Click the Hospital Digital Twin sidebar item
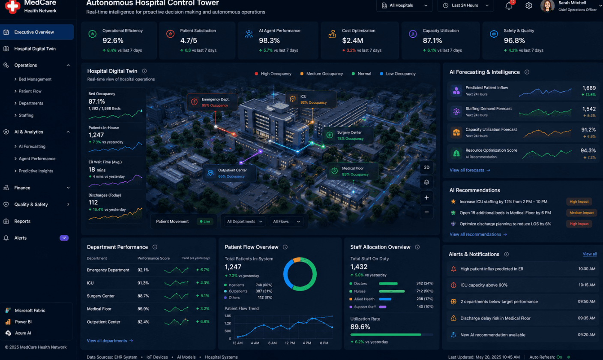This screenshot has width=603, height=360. pyautogui.click(x=35, y=49)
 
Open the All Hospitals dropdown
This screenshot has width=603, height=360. pyautogui.click(x=404, y=6)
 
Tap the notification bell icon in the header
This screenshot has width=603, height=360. pyautogui.click(x=509, y=6)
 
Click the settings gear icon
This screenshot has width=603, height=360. pyautogui.click(x=528, y=6)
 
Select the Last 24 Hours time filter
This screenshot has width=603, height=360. pyautogui.click(x=465, y=6)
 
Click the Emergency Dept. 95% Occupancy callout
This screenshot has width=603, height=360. pyautogui.click(x=213, y=102)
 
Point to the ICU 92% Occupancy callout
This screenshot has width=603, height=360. pyautogui.click(x=311, y=99)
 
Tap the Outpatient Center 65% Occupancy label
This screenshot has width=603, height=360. pyautogui.click(x=229, y=173)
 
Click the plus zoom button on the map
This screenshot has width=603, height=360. pyautogui.click(x=426, y=198)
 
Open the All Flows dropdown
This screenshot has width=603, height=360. pyautogui.click(x=286, y=221)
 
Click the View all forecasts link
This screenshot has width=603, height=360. pyautogui.click(x=470, y=170)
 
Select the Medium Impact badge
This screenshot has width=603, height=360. pyautogui.click(x=582, y=213)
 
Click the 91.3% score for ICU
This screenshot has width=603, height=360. pyautogui.click(x=143, y=283)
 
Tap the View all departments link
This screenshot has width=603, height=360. pyautogui.click(x=110, y=341)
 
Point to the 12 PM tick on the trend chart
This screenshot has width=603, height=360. pyautogui.click(x=290, y=343)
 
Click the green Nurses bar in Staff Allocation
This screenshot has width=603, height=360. pyautogui.click(x=392, y=291)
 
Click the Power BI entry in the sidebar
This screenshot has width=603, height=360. pyautogui.click(x=23, y=322)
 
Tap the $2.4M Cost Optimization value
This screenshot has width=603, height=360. pyautogui.click(x=352, y=40)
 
